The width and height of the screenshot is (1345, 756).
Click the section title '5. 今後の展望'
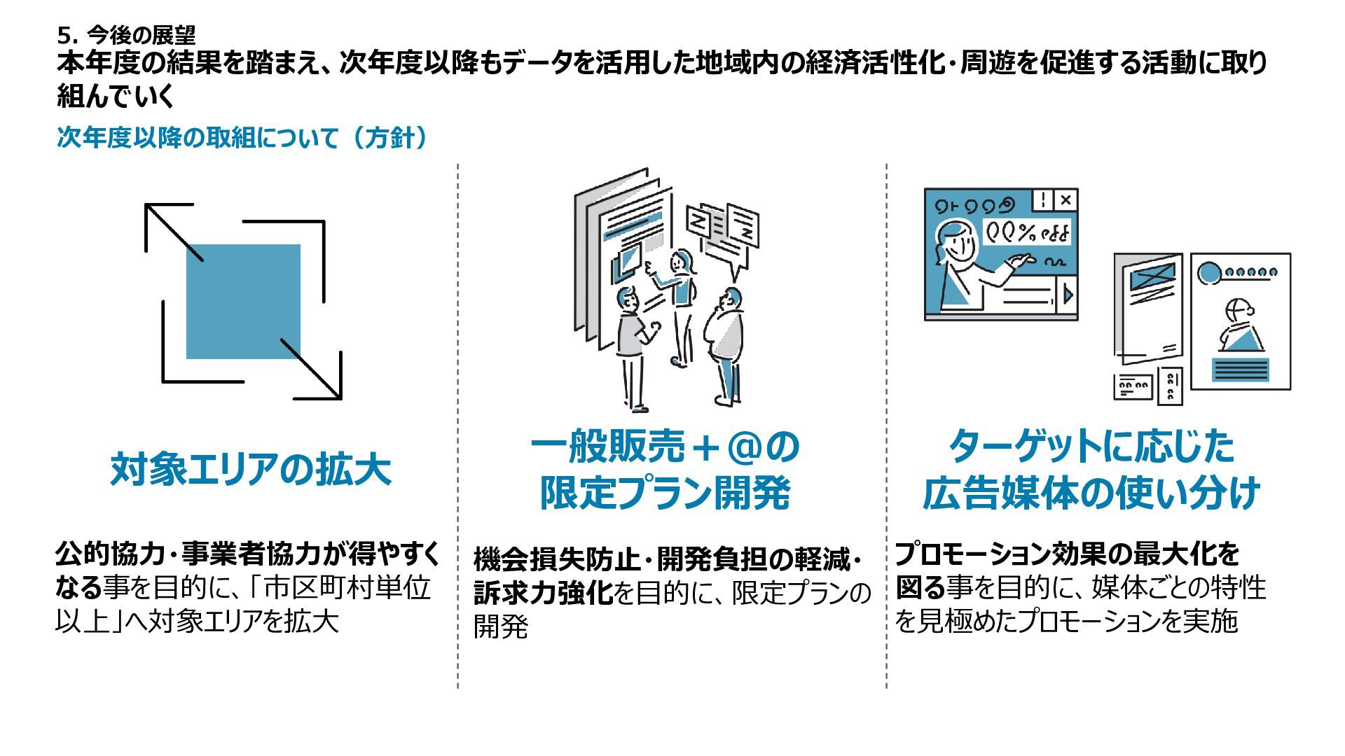127,34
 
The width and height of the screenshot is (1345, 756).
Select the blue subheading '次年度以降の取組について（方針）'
242,137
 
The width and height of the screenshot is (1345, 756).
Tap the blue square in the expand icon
243,301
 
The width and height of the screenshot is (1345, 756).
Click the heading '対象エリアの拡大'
250,469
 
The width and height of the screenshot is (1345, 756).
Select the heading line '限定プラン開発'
665,493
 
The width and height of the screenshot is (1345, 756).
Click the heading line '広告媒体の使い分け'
1091,493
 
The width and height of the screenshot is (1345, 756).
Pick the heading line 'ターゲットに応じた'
1091,447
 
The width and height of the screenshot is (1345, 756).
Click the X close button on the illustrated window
1065,200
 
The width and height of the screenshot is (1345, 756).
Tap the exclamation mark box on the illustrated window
1043,200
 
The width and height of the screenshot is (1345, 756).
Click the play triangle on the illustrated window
1068,295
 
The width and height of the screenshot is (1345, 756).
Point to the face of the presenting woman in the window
960,241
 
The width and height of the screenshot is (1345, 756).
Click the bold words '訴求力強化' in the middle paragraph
543,593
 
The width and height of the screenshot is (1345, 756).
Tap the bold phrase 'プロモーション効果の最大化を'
1067,554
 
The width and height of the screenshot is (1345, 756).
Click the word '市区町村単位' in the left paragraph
347,588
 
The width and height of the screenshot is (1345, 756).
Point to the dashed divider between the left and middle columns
458,427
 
